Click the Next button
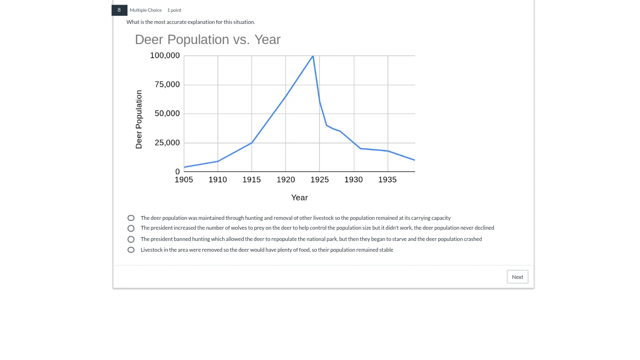(x=517, y=277)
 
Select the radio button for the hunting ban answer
(x=131, y=239)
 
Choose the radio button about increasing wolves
(x=131, y=228)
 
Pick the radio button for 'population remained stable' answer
(x=131, y=250)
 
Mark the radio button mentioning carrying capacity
(x=131, y=218)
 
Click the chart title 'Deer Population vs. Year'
(x=208, y=40)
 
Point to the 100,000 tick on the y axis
(x=165, y=56)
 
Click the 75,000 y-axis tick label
(x=167, y=85)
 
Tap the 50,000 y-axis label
(x=167, y=114)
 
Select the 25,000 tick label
(x=167, y=143)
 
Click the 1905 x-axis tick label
(x=184, y=180)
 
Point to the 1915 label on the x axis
(x=252, y=180)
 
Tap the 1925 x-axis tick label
(x=320, y=180)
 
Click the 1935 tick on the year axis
(x=387, y=180)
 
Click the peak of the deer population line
(x=313, y=56)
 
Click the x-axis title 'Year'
(x=299, y=198)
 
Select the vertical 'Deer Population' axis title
(x=139, y=120)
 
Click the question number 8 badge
(x=119, y=10)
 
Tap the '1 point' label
(x=174, y=10)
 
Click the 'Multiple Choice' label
(x=146, y=10)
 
